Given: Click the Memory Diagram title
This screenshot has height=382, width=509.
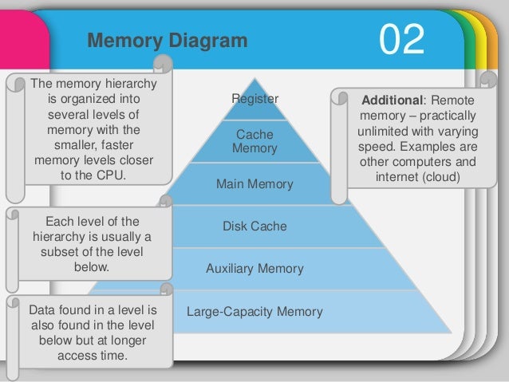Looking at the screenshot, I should click(x=167, y=41).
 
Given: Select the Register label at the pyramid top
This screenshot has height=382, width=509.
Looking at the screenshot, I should click(x=254, y=100).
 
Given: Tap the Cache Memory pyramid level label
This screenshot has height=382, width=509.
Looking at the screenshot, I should click(x=254, y=141).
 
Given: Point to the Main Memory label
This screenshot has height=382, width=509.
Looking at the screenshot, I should click(x=254, y=184).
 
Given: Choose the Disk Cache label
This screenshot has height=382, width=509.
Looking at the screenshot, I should click(x=254, y=226).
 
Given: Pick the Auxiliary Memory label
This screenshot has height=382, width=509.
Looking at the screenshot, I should click(x=254, y=269).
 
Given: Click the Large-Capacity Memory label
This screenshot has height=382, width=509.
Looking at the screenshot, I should click(x=254, y=311).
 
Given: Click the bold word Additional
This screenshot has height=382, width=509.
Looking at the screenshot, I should click(x=389, y=102).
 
